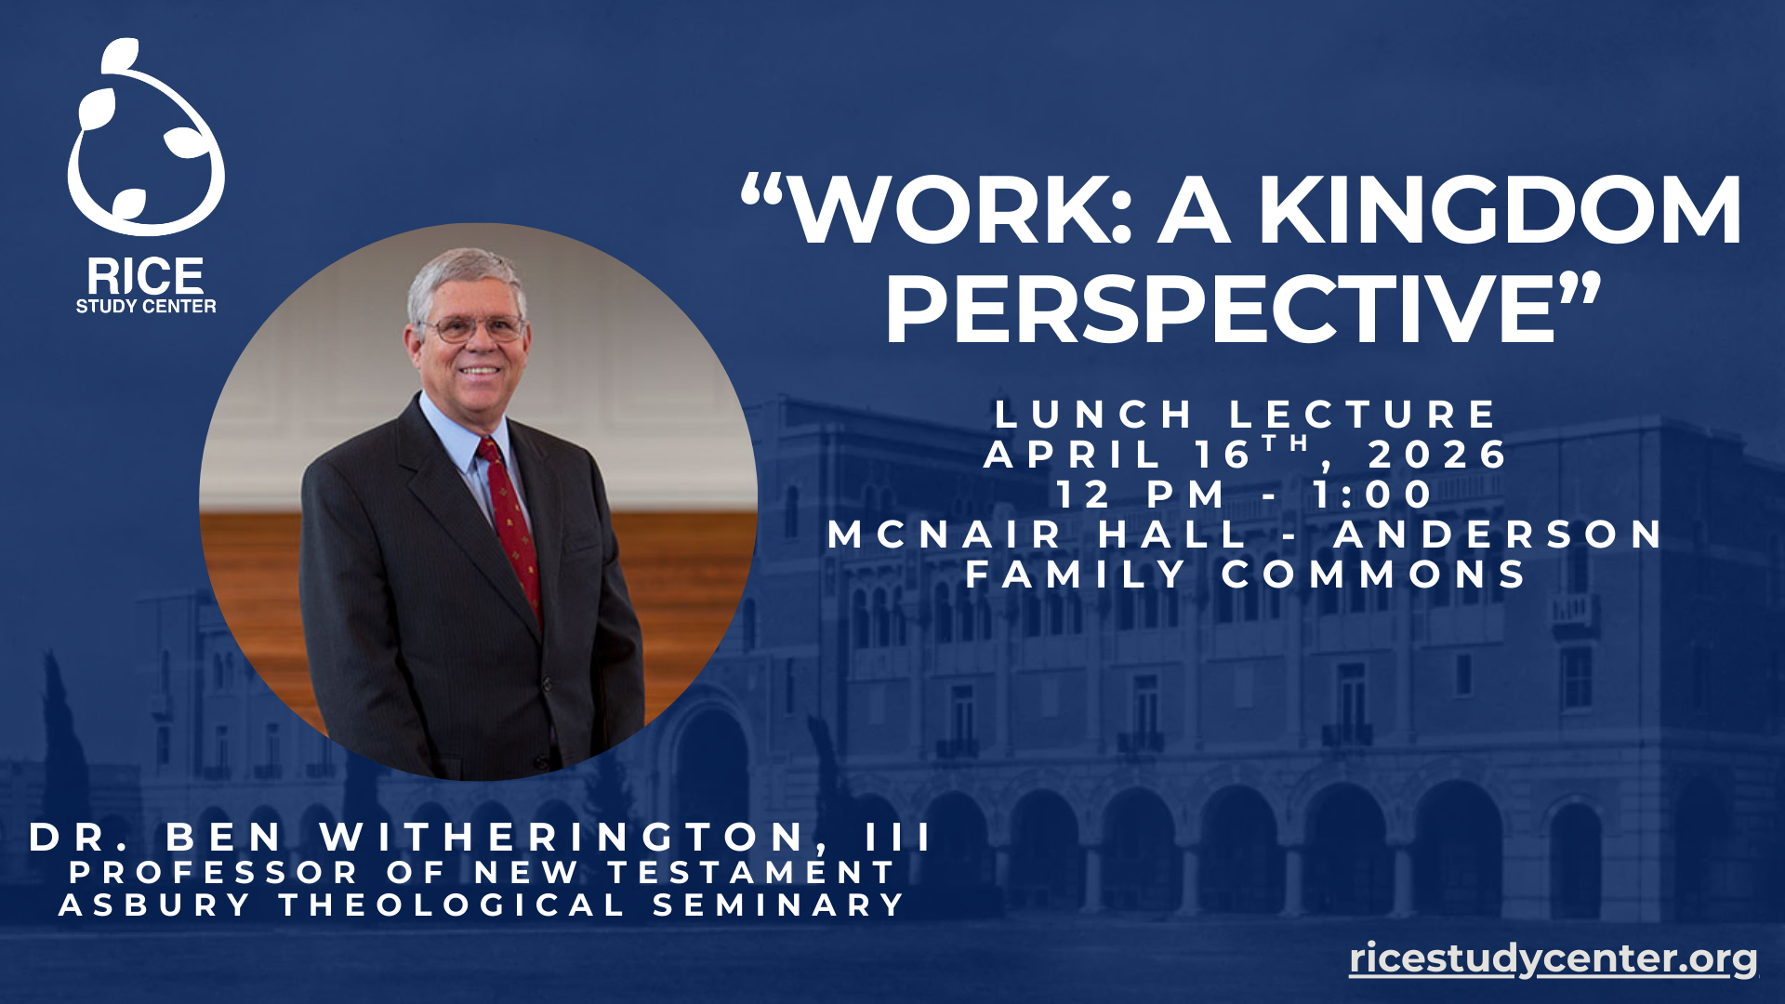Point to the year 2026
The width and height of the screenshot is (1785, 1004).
pyautogui.click(x=1438, y=455)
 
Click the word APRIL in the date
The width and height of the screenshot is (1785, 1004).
pyautogui.click(x=1072, y=455)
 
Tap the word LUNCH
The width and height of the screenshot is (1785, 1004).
pyautogui.click(x=1093, y=414)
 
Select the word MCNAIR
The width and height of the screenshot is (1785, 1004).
pyautogui.click(x=944, y=535)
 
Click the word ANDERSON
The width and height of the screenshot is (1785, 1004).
pyautogui.click(x=1498, y=535)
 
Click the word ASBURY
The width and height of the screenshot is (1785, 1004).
pyautogui.click(x=154, y=905)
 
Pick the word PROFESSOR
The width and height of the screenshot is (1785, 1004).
pyautogui.click(x=213, y=872)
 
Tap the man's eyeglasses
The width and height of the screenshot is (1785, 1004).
pyautogui.click(x=473, y=328)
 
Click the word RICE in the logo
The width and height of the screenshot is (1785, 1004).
pyautogui.click(x=145, y=276)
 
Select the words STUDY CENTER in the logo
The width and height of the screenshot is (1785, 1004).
pyautogui.click(x=146, y=306)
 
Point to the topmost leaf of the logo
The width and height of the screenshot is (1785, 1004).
pyautogui.click(x=121, y=56)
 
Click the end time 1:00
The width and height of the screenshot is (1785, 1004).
pyautogui.click(x=1372, y=495)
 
